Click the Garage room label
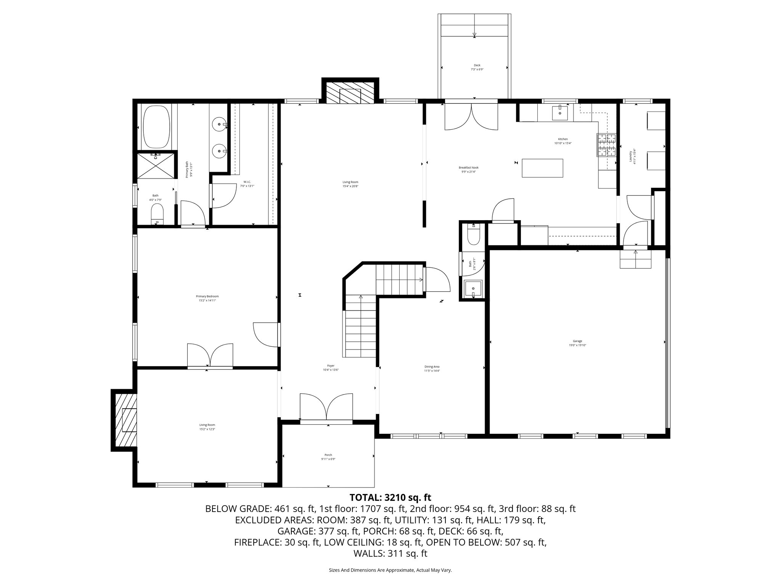[577, 343]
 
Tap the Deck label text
[477, 67]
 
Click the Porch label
[328, 457]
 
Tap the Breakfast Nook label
[468, 169]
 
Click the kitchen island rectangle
[542, 168]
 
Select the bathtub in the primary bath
[156, 127]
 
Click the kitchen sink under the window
[560, 113]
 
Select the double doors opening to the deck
[471, 116]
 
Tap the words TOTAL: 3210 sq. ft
[390, 497]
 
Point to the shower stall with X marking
[156, 165]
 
